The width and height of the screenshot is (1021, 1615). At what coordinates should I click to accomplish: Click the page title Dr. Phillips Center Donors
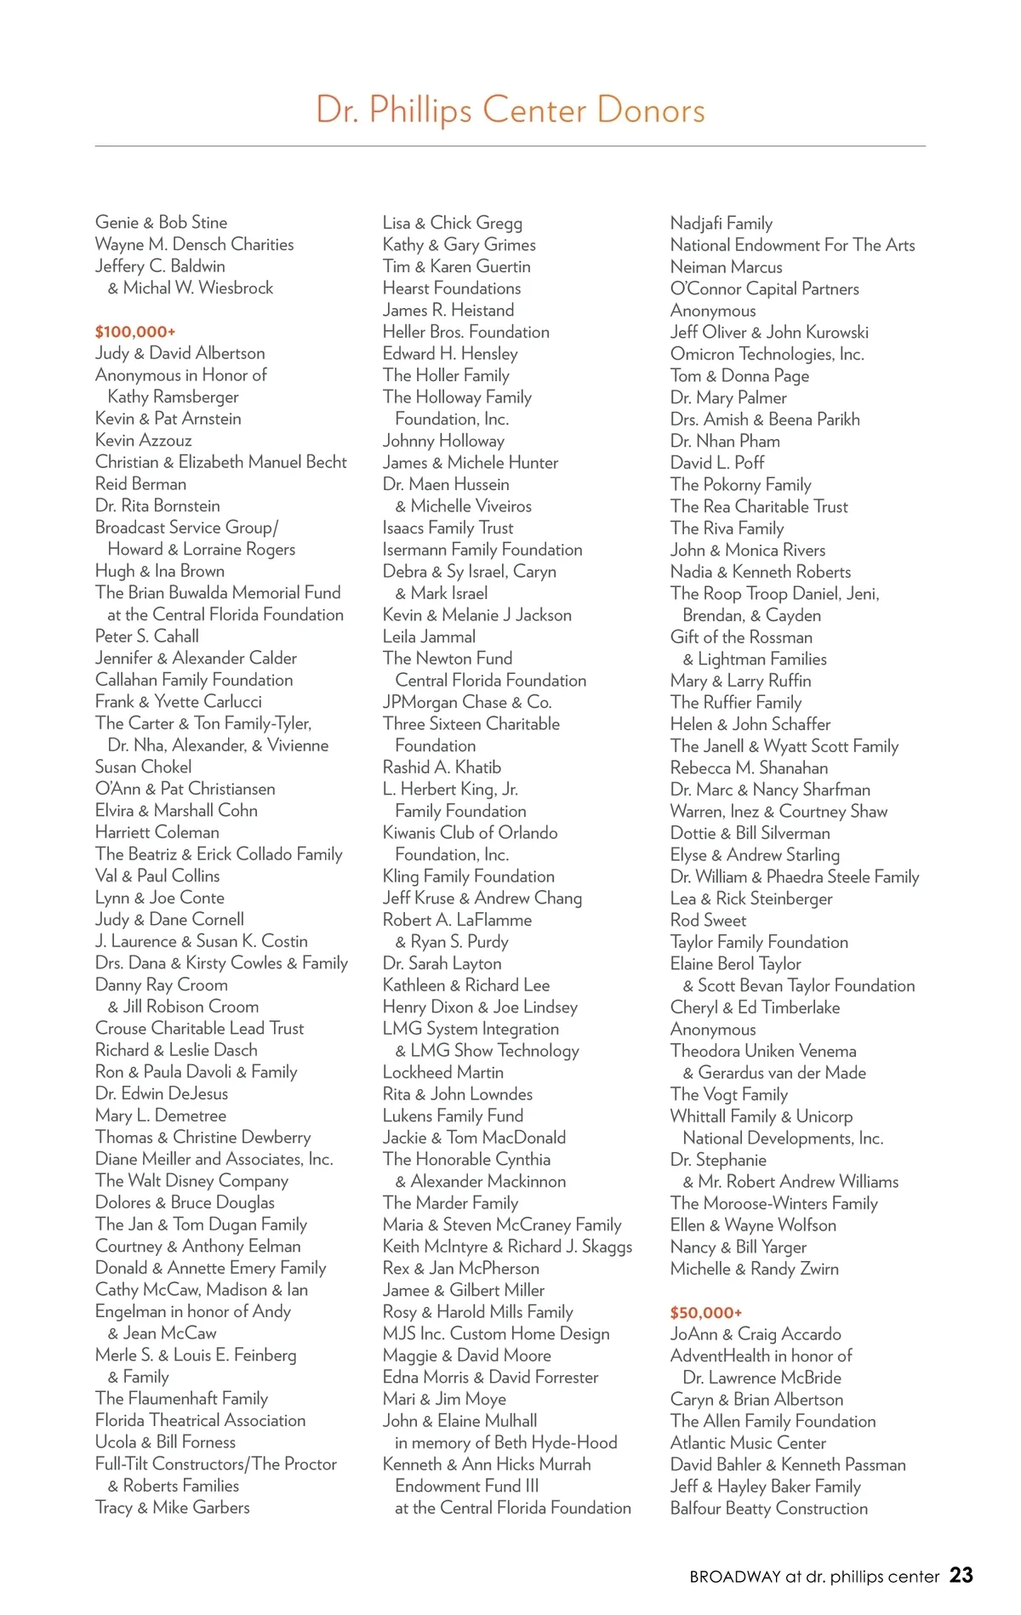pos(510,110)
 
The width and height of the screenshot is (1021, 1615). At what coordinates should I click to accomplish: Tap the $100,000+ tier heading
pos(135,332)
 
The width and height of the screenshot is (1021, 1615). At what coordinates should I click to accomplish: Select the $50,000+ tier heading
pos(706,1312)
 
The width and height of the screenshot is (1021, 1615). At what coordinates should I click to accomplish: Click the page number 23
pos(961,1575)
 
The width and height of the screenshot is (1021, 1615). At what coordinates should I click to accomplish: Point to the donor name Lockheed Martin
pos(443,1072)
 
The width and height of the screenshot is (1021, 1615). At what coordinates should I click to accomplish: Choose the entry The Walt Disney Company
pos(191,1180)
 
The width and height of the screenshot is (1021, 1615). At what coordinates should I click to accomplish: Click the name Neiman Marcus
pos(726,267)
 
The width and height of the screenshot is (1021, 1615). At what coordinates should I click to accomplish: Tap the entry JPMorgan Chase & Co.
pos(467,702)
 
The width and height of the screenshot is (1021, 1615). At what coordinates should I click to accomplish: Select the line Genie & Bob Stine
pos(161,222)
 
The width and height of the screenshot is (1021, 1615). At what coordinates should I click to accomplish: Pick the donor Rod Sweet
pos(708,920)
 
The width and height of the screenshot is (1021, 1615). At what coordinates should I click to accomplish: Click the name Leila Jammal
pos(429,636)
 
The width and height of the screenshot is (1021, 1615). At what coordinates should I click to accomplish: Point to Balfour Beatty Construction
pos(769,1508)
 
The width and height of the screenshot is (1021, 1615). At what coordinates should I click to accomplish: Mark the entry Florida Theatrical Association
pos(200,1420)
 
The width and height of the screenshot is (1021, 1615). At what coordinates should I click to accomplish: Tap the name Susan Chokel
pos(143,767)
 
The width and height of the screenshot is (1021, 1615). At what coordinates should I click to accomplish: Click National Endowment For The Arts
pos(792,245)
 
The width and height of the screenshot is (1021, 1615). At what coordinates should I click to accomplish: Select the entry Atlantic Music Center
pos(748,1442)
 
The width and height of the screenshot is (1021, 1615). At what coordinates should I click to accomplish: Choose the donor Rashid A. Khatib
pos(442,768)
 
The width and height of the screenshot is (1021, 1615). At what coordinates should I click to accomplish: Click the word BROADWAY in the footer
pos(735,1577)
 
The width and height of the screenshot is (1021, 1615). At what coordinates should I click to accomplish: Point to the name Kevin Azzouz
pos(143,440)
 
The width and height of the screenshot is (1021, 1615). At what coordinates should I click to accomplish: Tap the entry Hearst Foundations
pos(451,288)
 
